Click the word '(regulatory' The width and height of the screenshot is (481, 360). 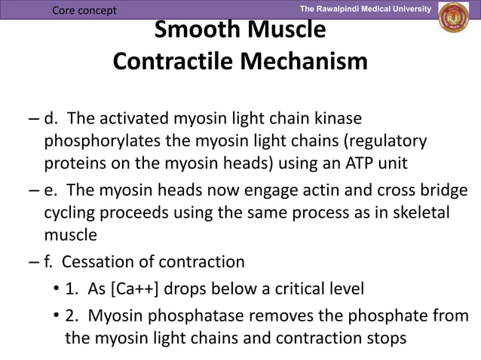[384, 142]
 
